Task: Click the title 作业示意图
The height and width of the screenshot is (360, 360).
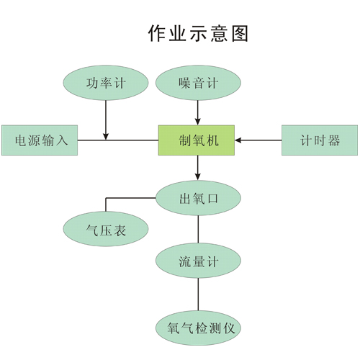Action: (198, 33)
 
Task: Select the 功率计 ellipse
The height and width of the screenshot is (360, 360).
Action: (106, 83)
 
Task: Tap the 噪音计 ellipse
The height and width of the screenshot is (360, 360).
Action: (198, 83)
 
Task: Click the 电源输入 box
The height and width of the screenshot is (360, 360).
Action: (40, 140)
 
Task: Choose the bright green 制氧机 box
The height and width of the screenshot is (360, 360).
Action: (197, 140)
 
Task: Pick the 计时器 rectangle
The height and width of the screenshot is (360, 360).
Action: (320, 140)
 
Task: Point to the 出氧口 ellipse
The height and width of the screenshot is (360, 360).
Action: (198, 198)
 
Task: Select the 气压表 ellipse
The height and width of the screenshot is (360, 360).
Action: (106, 229)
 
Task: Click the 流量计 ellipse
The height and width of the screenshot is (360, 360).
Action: (198, 261)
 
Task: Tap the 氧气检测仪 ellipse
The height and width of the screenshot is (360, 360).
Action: (198, 328)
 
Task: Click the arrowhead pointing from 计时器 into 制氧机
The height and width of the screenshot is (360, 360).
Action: (238, 140)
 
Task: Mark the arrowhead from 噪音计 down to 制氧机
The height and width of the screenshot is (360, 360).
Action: (198, 122)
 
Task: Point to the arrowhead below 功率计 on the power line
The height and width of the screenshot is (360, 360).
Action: (106, 137)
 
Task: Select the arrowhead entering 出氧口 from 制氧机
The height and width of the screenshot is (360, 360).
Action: (198, 177)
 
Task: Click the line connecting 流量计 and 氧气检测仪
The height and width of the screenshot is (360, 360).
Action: (198, 294)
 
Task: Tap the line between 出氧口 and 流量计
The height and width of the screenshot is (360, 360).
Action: (198, 230)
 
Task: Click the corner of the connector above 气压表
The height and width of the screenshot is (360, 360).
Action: (106, 198)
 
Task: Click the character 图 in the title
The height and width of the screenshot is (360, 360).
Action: (240, 33)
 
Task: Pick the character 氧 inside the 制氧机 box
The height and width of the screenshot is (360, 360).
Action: (199, 140)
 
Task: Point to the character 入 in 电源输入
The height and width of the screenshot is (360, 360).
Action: (62, 140)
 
